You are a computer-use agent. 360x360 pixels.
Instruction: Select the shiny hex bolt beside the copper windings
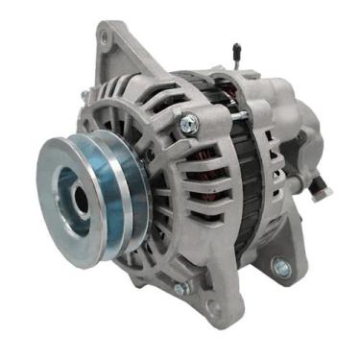[189, 122]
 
